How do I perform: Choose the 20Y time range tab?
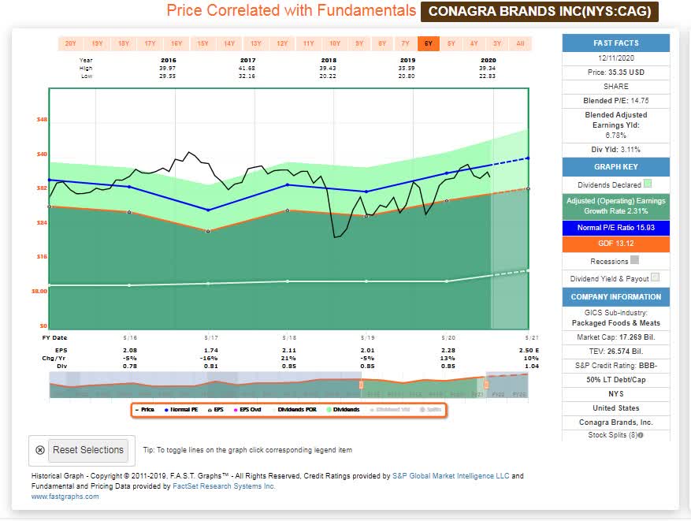point(70,43)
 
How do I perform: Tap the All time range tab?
point(520,43)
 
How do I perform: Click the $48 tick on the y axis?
point(42,119)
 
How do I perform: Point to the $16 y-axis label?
point(42,256)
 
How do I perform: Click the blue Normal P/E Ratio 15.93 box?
point(615,228)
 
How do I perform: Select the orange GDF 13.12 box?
point(615,244)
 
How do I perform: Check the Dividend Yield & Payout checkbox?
point(655,278)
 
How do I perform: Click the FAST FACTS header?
point(615,43)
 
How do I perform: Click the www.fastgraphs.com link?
point(65,497)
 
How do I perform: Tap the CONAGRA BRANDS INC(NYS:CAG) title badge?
point(540,11)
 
